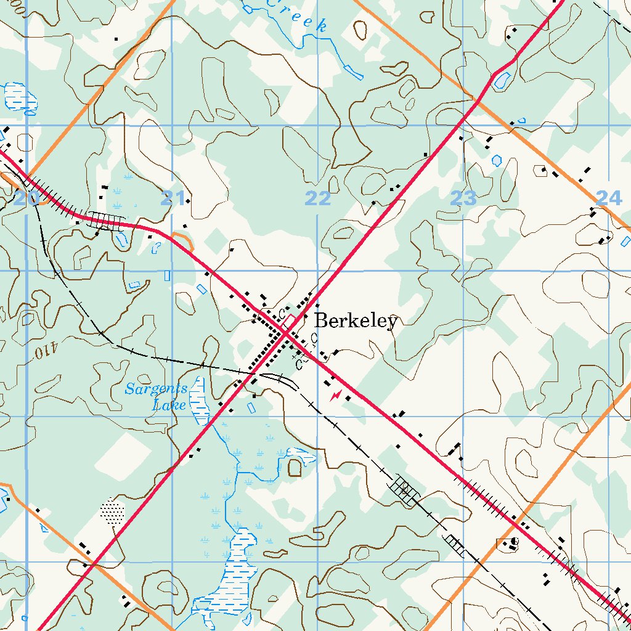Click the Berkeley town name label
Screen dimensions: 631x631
click(x=356, y=322)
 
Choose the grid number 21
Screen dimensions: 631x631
click(x=173, y=198)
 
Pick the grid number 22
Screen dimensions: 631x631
click(x=318, y=198)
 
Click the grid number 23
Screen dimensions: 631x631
click(x=463, y=198)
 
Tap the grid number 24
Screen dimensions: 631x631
click(x=609, y=198)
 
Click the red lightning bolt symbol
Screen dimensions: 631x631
click(x=335, y=395)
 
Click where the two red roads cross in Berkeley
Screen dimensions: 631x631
click(x=287, y=333)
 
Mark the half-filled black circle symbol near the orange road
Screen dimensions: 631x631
click(x=515, y=542)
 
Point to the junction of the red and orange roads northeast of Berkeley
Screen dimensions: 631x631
click(x=476, y=100)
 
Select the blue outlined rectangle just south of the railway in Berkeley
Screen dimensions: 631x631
click(x=251, y=407)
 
